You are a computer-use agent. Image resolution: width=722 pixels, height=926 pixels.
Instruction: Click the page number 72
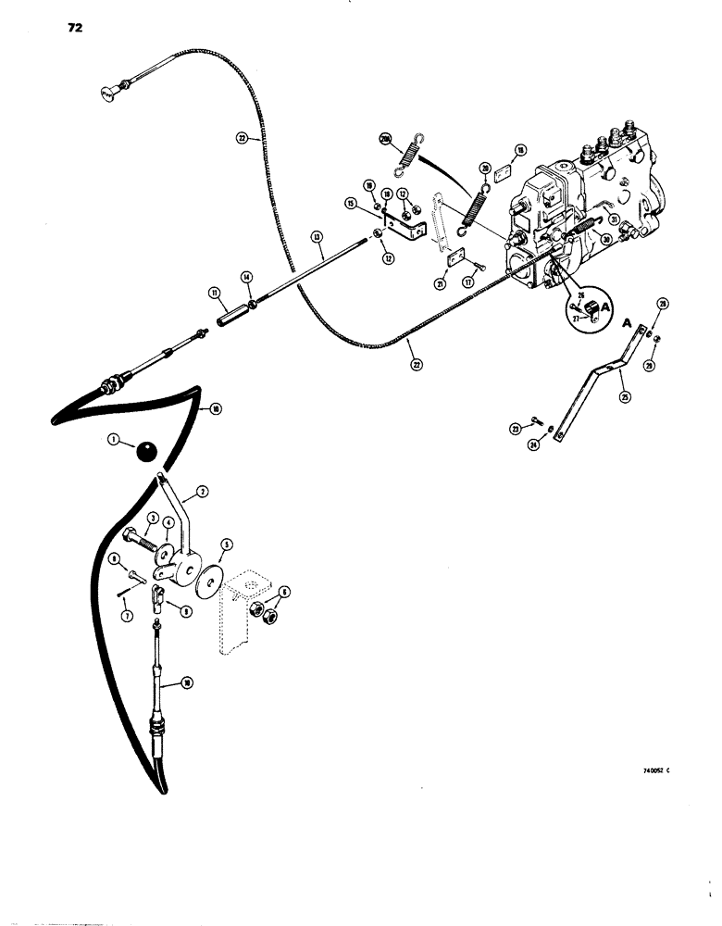75,29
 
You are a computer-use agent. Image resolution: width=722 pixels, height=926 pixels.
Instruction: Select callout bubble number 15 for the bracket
351,203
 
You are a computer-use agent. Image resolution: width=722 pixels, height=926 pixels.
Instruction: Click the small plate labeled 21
454,261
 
